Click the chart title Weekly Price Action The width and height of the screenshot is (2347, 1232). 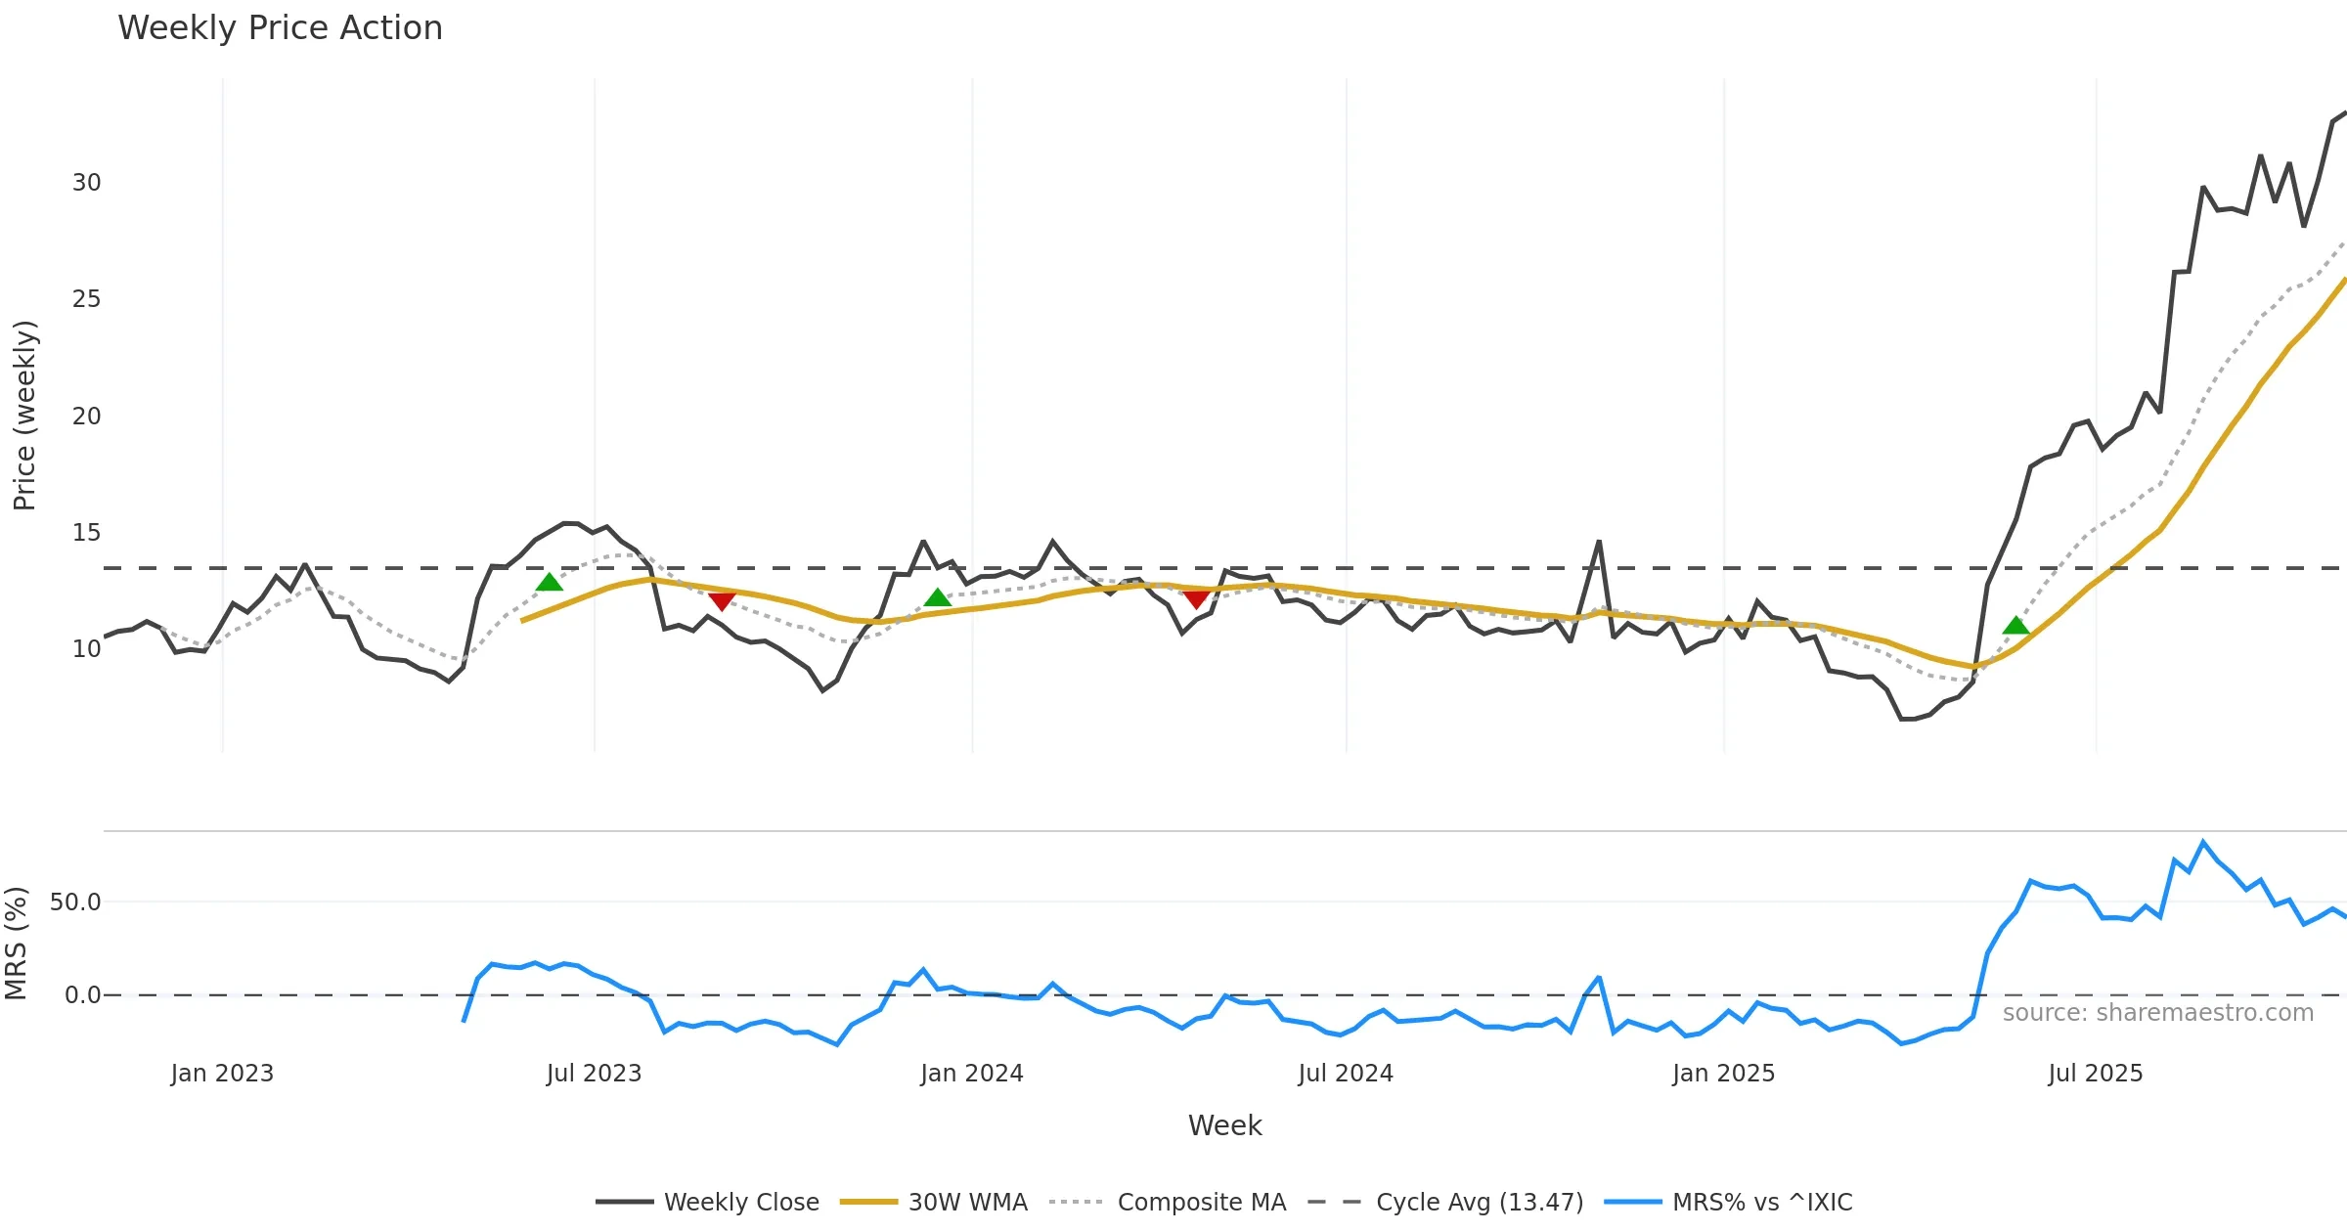pos(280,28)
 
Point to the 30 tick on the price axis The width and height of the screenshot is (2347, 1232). pos(86,183)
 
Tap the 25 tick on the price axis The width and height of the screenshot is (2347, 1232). pos(86,299)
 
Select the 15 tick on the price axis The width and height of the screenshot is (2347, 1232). pos(86,533)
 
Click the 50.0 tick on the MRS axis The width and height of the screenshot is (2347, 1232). pos(75,902)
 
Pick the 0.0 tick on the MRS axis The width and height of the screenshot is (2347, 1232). pos(82,995)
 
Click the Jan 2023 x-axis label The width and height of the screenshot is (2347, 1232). pos(222,1074)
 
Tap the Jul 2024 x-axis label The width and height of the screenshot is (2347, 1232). pos(1346,1074)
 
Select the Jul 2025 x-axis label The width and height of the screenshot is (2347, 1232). pos(2096,1074)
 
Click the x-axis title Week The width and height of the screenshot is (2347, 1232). pos(1224,1125)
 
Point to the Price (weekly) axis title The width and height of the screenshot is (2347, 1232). pos(24,416)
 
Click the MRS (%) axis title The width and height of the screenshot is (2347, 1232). pos(16,944)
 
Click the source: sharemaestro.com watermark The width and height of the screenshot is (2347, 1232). pos(2158,1013)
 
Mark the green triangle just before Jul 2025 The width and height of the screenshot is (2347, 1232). pos(2016,626)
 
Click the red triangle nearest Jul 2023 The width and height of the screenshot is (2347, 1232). pos(722,600)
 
